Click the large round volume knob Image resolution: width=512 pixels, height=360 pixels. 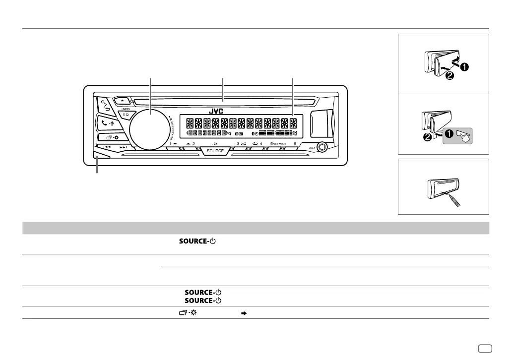(149, 127)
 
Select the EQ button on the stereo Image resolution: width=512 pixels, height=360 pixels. (126, 115)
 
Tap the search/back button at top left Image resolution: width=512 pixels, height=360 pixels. (106, 104)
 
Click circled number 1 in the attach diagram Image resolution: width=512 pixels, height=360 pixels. (464, 66)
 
